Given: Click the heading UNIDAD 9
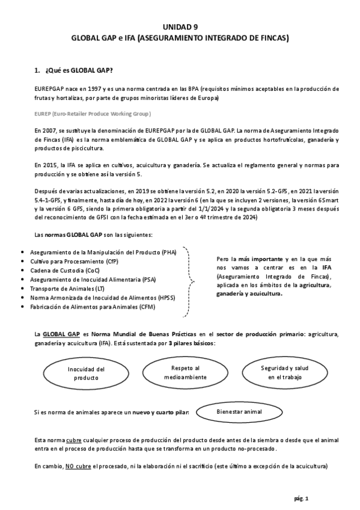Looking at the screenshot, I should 180,27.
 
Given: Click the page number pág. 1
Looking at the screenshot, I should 301,498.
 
